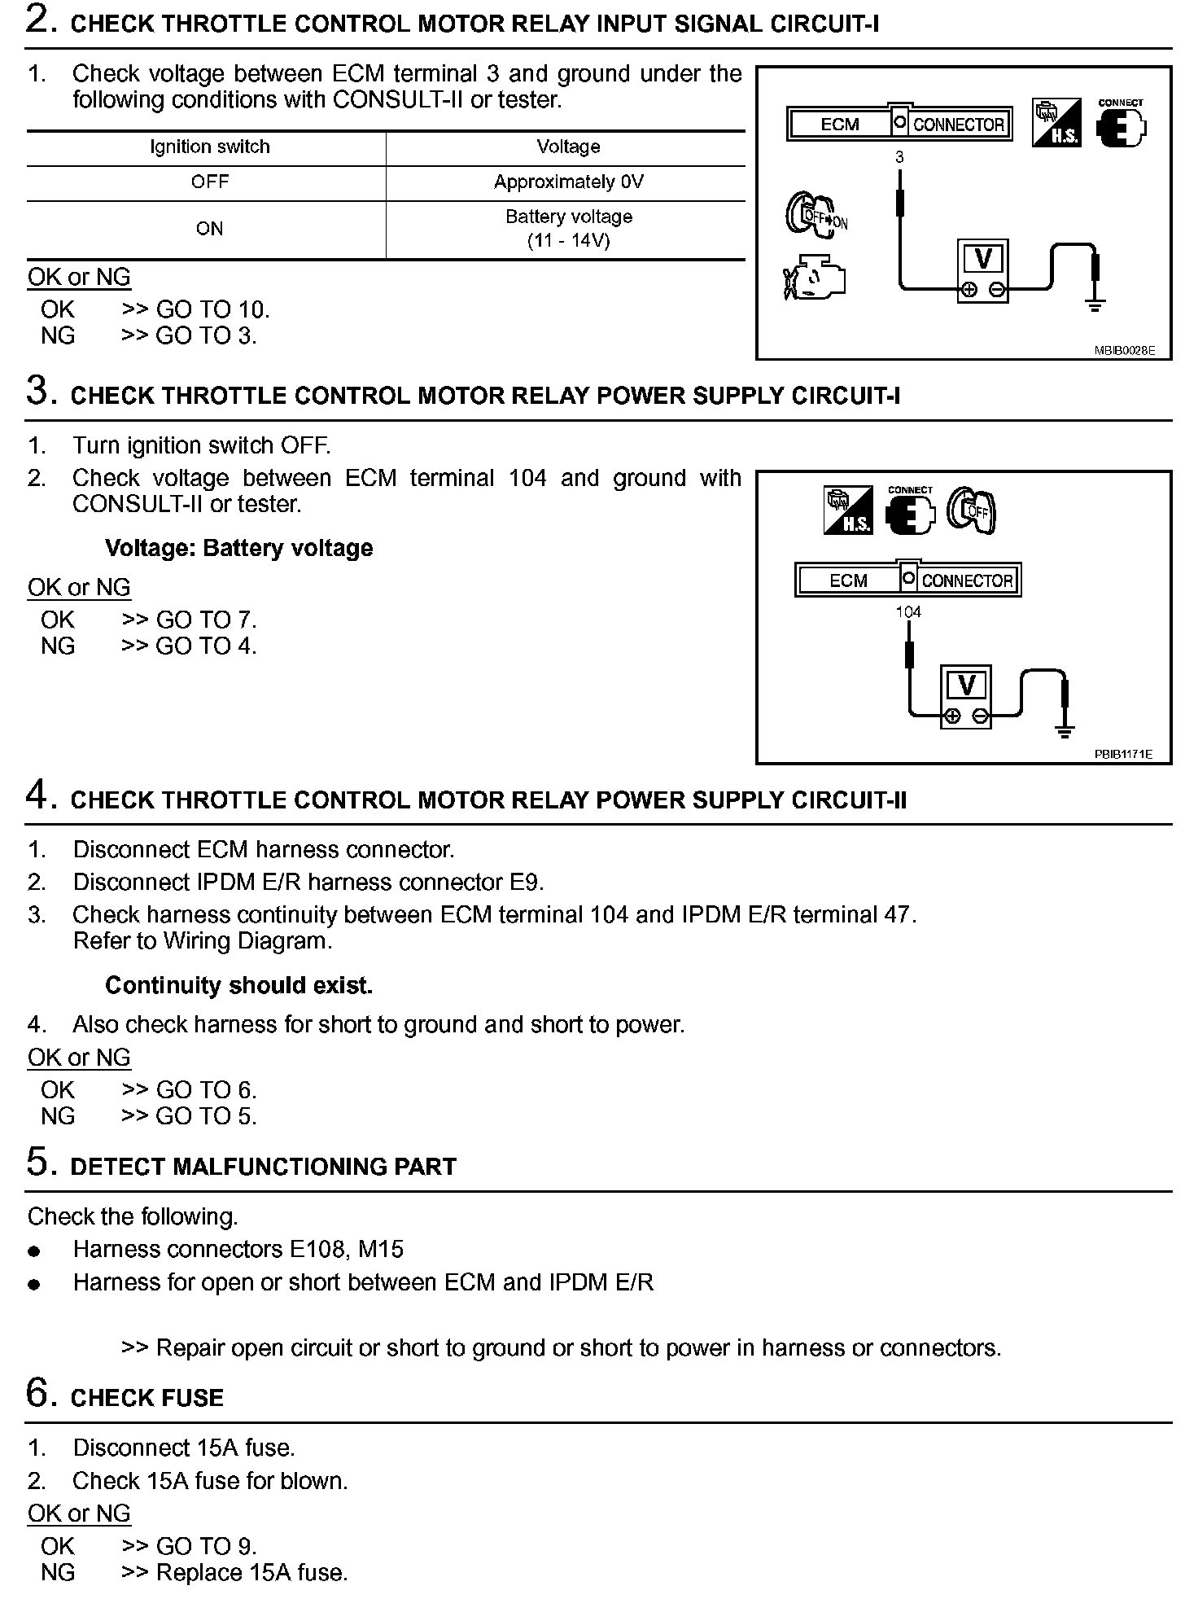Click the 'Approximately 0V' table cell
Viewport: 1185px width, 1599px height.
click(568, 182)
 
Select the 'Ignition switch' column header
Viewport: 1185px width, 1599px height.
click(209, 147)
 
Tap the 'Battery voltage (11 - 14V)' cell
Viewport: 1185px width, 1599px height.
click(568, 229)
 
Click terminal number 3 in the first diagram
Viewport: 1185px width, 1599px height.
click(899, 157)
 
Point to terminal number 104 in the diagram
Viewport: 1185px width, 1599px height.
click(908, 611)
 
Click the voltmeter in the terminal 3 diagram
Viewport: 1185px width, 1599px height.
click(983, 269)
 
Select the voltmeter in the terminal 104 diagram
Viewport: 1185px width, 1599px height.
click(966, 696)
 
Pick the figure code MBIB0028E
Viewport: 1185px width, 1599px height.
click(1124, 351)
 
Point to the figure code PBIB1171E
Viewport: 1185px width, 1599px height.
click(1123, 754)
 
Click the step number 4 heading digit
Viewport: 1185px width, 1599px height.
click(37, 795)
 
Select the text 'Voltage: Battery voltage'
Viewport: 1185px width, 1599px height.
click(238, 548)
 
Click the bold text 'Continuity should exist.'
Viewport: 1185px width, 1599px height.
click(238, 985)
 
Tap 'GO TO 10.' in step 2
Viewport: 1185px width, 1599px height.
click(212, 309)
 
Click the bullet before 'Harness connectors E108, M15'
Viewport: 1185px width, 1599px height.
click(34, 1251)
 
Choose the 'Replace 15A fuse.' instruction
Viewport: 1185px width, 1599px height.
click(251, 1572)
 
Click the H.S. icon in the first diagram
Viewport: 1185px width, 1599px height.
click(1056, 123)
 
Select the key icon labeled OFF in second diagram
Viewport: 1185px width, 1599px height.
click(973, 510)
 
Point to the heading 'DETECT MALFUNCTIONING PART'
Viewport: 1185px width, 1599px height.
click(264, 1167)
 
